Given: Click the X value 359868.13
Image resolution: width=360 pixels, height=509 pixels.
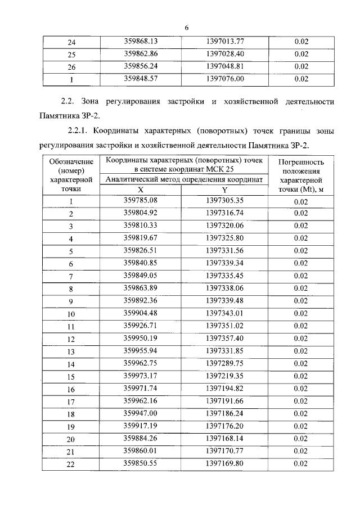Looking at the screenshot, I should pos(140,42).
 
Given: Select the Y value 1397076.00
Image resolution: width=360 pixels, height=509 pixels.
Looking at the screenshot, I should pos(224,79).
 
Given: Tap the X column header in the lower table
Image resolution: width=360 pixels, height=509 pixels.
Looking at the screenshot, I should pos(140,190).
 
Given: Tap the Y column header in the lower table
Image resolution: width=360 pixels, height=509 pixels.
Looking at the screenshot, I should pos(224,190).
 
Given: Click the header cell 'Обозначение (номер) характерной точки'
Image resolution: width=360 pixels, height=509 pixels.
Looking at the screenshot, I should pos(71,175).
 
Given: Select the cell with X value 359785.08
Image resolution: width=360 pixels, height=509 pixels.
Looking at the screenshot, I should pos(140,201).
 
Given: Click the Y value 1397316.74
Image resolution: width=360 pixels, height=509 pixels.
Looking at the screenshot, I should pos(224,213).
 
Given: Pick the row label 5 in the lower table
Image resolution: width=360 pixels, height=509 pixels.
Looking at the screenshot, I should pos(71,251).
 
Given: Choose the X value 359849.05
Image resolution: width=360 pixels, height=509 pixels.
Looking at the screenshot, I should pos(140,276).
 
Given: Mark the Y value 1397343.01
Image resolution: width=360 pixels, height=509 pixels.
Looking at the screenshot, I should pos(224,313).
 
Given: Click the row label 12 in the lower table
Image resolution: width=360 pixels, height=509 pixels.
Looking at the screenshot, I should pos(71,339).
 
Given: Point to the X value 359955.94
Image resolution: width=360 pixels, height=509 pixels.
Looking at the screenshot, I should pos(140,351).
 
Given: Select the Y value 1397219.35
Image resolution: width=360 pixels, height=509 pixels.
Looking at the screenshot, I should pos(224,376).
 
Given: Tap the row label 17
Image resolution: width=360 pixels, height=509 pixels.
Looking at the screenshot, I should pos(71,402).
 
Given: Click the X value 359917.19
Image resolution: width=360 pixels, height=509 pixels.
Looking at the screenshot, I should pos(140,426).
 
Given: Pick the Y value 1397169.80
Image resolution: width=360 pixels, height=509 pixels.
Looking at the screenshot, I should pos(224,463).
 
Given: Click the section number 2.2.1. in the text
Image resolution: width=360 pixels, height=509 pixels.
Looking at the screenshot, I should pos(79,132).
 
